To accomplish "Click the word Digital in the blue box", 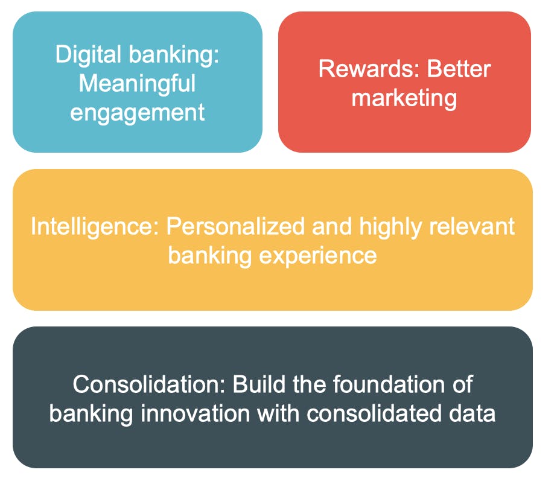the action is point(88,55).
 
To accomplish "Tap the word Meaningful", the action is point(137,84).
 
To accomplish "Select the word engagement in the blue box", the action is point(137,113).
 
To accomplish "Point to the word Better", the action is point(459,69).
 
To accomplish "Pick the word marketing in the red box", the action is point(404,98).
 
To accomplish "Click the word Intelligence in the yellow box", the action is point(95,227).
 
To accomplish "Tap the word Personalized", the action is point(235,227).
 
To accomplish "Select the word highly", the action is point(390,227).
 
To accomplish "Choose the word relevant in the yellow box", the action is point(472,226).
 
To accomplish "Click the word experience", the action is point(318,256).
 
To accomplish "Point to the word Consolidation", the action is point(149,384).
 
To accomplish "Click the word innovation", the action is point(196,413).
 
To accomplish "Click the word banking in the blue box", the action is point(174,55).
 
